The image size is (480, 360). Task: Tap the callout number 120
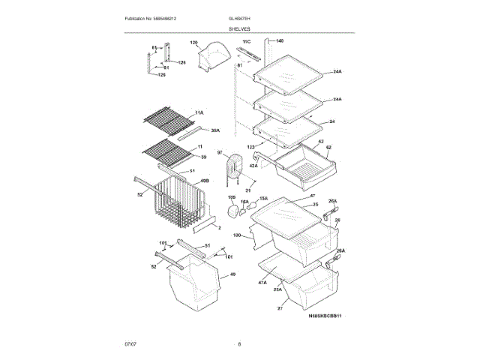(x=193, y=43)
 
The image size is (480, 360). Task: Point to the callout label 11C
(x=246, y=41)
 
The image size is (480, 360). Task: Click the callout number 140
(x=280, y=40)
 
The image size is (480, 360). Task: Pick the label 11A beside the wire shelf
(x=199, y=112)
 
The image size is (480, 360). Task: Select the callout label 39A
(x=216, y=130)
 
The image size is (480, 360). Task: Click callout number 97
(x=221, y=153)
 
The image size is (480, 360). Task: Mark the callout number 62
(x=328, y=147)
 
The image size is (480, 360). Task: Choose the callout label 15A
(x=263, y=199)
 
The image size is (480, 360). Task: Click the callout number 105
(x=232, y=196)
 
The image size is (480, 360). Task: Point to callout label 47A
(x=263, y=282)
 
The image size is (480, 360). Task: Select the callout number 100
(x=237, y=235)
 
